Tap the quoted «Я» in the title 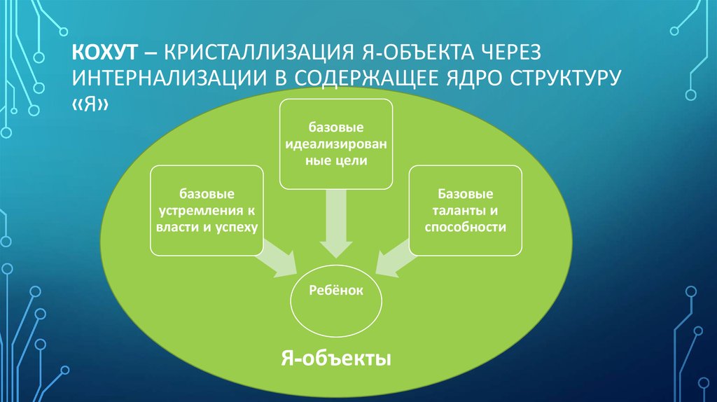(92, 103)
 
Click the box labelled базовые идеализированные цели (335, 144)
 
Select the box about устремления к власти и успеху (206, 210)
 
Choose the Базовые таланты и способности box (466, 210)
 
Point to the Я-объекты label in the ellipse (336, 360)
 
